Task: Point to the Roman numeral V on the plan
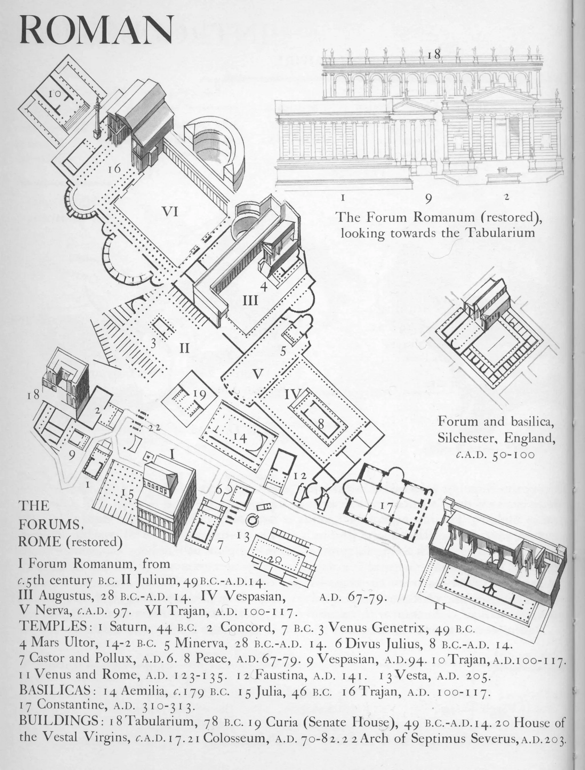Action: pyautogui.click(x=257, y=374)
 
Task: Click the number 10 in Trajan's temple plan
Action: pyautogui.click(x=55, y=93)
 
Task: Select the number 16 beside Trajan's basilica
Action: pyautogui.click(x=114, y=169)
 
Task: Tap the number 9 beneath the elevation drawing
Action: pyautogui.click(x=429, y=198)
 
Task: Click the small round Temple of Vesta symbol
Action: pyautogui.click(x=252, y=520)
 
